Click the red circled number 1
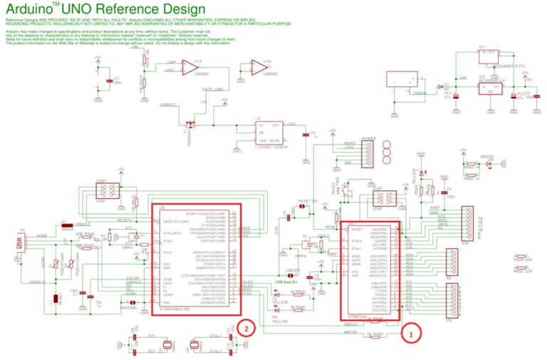[x=408, y=331]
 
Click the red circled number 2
[x=246, y=329]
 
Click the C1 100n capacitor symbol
[x=108, y=81]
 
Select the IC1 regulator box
[x=489, y=56]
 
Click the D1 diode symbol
[x=439, y=85]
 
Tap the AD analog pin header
[x=450, y=263]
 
